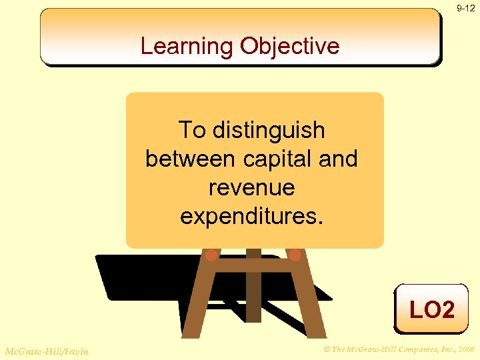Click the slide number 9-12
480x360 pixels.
tap(466, 9)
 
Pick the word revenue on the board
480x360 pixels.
tap(251, 187)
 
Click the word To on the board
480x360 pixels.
tap(192, 130)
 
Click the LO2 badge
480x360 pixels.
tap(431, 309)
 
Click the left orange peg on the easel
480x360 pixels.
tap(211, 254)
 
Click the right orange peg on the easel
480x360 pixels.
tap(295, 254)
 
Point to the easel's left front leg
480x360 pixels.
tap(198, 300)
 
